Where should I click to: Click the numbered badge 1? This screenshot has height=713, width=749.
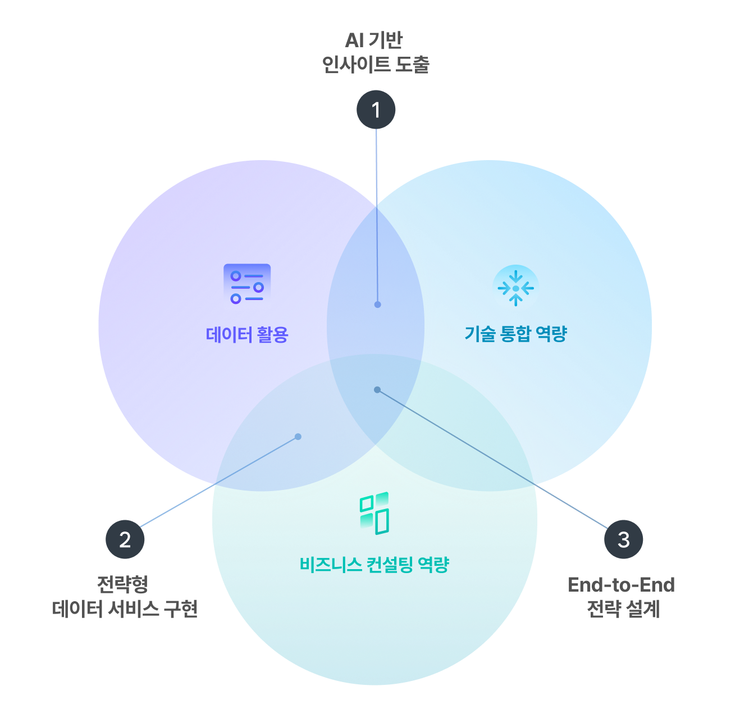(x=376, y=110)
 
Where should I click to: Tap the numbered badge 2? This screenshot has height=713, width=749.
(x=125, y=539)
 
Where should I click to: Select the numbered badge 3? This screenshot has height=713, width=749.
(x=623, y=539)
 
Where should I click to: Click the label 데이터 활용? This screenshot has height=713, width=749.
(x=247, y=335)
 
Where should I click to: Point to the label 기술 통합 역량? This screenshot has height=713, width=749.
(x=515, y=334)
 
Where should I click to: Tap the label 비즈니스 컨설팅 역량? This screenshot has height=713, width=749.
(x=374, y=564)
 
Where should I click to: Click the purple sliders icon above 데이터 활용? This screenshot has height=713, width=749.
(x=247, y=287)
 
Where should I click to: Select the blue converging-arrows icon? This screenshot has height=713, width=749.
(x=515, y=288)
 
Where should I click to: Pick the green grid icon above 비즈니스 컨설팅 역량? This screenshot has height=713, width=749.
(x=374, y=513)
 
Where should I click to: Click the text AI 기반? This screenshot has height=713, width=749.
(x=374, y=40)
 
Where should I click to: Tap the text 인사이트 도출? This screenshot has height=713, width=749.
(x=376, y=65)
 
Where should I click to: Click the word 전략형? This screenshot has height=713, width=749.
(x=122, y=584)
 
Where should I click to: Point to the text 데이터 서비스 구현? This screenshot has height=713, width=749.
(x=125, y=608)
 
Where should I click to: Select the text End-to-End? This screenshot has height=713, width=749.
(x=621, y=585)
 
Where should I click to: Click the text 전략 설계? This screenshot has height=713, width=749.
(x=623, y=608)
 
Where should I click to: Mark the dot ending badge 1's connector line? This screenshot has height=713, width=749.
(x=378, y=305)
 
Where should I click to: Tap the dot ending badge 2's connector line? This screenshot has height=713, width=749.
(x=298, y=437)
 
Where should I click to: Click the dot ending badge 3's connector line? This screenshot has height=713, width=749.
(x=377, y=389)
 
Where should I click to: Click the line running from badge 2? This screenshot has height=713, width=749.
(x=219, y=482)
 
